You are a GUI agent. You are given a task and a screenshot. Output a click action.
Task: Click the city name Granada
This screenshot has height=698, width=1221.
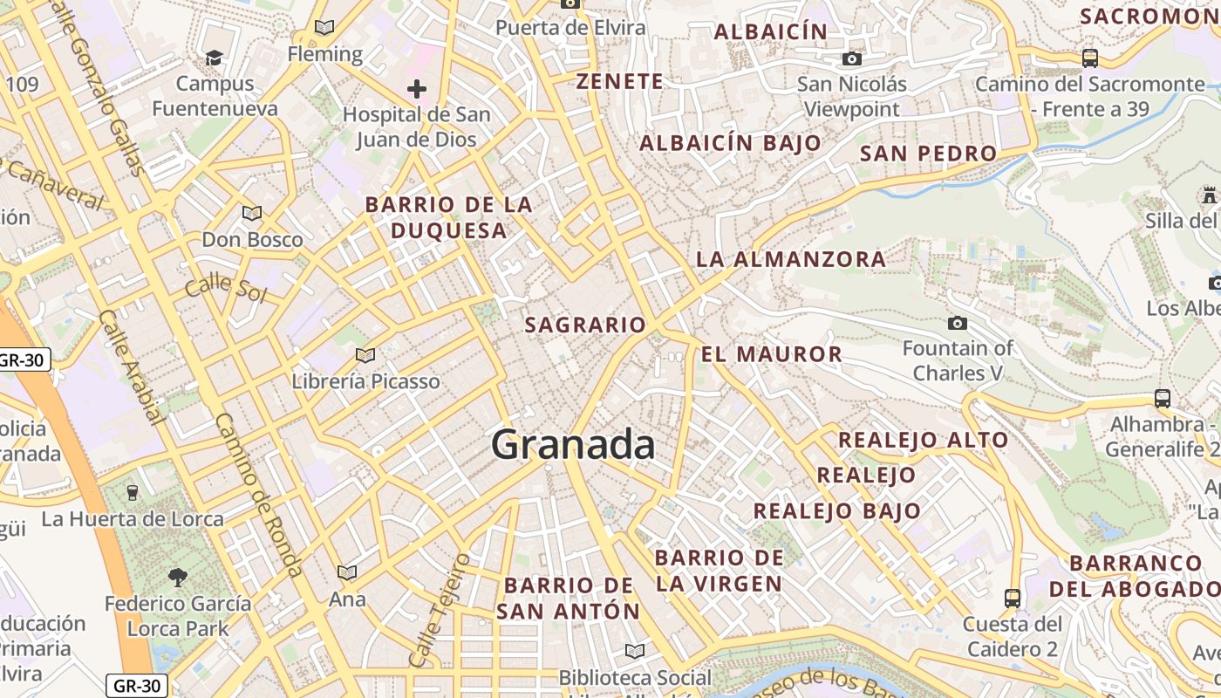tap(573, 445)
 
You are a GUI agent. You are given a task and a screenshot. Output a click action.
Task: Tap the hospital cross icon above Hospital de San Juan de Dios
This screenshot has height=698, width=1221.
tap(417, 89)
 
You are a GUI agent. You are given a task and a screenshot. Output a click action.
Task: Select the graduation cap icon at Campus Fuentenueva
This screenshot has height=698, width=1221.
tap(214, 58)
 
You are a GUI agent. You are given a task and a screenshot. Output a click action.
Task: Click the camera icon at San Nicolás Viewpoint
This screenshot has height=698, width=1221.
tap(852, 59)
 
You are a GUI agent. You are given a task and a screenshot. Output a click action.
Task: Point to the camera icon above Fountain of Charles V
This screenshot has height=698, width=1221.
tap(957, 324)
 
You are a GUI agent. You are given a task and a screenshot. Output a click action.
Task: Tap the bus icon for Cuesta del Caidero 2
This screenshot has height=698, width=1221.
tap(1013, 599)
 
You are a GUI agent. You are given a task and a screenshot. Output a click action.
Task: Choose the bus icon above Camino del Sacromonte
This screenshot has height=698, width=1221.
tap(1090, 58)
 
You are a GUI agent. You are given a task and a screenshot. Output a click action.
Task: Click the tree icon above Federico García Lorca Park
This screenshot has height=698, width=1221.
tap(178, 577)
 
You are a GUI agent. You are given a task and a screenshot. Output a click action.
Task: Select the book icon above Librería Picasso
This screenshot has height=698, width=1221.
tap(365, 355)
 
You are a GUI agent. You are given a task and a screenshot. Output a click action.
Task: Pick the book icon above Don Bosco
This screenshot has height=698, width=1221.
tap(252, 213)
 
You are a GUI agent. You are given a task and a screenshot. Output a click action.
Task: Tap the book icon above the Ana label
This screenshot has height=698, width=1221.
tap(347, 572)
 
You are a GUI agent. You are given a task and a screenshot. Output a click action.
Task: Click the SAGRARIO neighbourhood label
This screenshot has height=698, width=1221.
tap(585, 325)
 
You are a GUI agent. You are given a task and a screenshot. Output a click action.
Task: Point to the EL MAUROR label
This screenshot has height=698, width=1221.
tap(772, 354)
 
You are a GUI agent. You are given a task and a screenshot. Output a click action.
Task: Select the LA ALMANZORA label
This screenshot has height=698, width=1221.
tap(791, 259)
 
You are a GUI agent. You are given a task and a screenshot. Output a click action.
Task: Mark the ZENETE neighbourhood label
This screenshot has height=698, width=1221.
tap(620, 82)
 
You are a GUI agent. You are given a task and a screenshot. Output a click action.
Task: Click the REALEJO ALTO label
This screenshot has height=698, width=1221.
tap(924, 440)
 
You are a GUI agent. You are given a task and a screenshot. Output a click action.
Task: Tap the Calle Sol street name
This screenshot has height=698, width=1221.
tap(225, 286)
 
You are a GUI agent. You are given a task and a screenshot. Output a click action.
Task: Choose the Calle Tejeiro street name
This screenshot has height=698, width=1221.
tap(439, 610)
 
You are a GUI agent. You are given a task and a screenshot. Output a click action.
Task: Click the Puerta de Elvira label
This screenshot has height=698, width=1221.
tap(571, 28)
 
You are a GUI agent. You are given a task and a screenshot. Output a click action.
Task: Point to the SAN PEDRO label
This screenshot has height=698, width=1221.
tap(928, 154)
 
